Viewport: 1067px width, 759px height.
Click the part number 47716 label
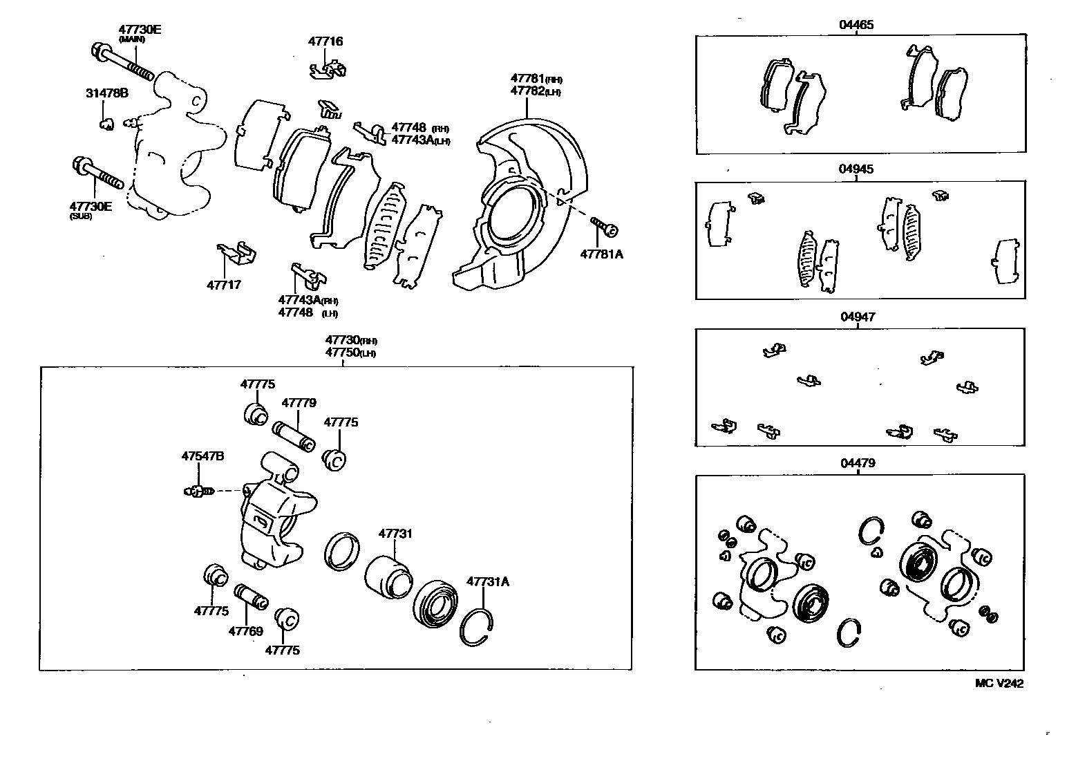click(325, 41)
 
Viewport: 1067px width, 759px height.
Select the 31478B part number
click(106, 93)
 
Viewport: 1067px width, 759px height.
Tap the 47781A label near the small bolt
click(601, 254)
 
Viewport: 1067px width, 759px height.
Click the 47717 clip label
click(223, 284)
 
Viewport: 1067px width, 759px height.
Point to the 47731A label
click(487, 581)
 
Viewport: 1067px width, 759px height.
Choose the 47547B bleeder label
click(202, 456)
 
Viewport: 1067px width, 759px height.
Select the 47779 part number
click(299, 403)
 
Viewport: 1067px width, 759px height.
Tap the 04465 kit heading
click(856, 25)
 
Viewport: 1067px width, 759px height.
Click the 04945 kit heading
click(856, 169)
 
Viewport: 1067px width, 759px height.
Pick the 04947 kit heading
click(858, 317)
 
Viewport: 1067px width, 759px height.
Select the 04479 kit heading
click(858, 463)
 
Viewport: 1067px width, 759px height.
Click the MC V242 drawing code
click(999, 683)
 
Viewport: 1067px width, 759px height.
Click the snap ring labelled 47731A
click(477, 628)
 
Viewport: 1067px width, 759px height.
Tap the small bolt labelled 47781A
click(604, 226)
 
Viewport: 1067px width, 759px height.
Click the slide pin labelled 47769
click(250, 597)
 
